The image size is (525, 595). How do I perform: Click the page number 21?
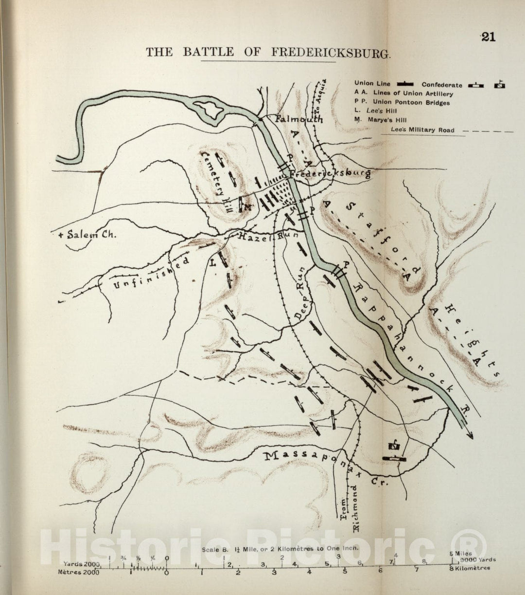pos(488,37)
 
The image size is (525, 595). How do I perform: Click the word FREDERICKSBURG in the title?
pos(330,53)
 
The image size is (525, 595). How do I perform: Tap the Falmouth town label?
pos(298,119)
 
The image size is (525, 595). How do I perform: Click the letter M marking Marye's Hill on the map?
pos(248,207)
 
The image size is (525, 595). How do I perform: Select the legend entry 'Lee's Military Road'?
pos(422,130)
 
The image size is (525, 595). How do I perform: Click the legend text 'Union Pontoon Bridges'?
pos(411,103)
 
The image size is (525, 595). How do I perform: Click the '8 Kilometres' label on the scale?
pos(471,568)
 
